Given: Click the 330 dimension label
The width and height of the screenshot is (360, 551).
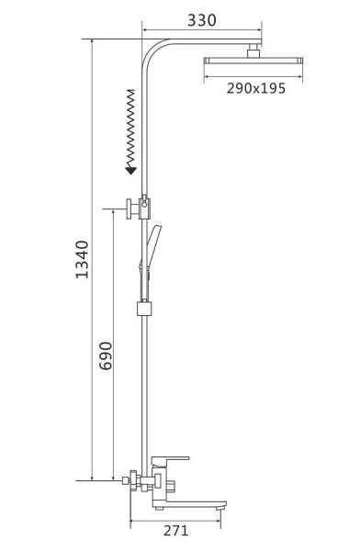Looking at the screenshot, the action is click(x=201, y=20).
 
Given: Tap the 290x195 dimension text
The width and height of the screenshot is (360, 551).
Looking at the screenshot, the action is click(x=256, y=88).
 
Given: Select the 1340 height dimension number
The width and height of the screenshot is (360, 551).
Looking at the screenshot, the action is click(x=83, y=259).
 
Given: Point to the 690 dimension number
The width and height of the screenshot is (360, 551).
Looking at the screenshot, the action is click(x=106, y=355).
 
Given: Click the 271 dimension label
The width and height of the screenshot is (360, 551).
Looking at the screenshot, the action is click(x=175, y=530).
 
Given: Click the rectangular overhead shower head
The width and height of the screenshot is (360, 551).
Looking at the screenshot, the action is click(x=253, y=61).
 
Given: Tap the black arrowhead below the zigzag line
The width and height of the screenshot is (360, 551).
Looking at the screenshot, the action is click(x=130, y=171).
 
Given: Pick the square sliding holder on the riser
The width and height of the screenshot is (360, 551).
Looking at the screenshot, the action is click(x=144, y=309).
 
